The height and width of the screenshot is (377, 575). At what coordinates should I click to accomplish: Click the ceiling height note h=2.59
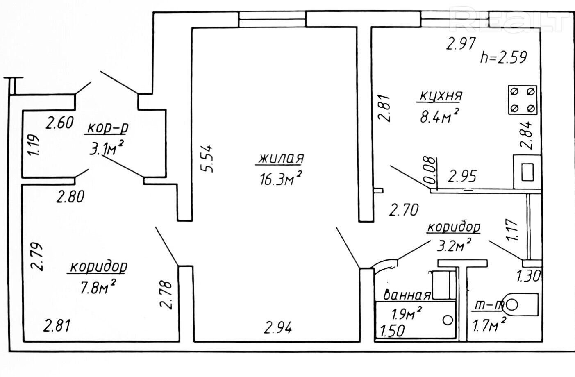(503, 57)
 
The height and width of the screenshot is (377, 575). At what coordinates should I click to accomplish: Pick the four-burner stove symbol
(522, 100)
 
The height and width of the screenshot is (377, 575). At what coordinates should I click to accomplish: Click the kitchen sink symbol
(527, 172)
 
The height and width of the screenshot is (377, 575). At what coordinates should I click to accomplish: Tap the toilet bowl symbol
(521, 304)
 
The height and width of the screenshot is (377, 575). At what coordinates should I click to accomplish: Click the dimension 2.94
(278, 328)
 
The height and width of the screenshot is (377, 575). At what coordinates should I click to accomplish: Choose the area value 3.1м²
(107, 148)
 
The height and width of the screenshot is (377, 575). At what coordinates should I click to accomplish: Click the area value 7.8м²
(98, 287)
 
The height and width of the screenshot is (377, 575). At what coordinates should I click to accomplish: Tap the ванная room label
(407, 295)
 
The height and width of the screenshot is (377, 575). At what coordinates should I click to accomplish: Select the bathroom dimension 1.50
(392, 330)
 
